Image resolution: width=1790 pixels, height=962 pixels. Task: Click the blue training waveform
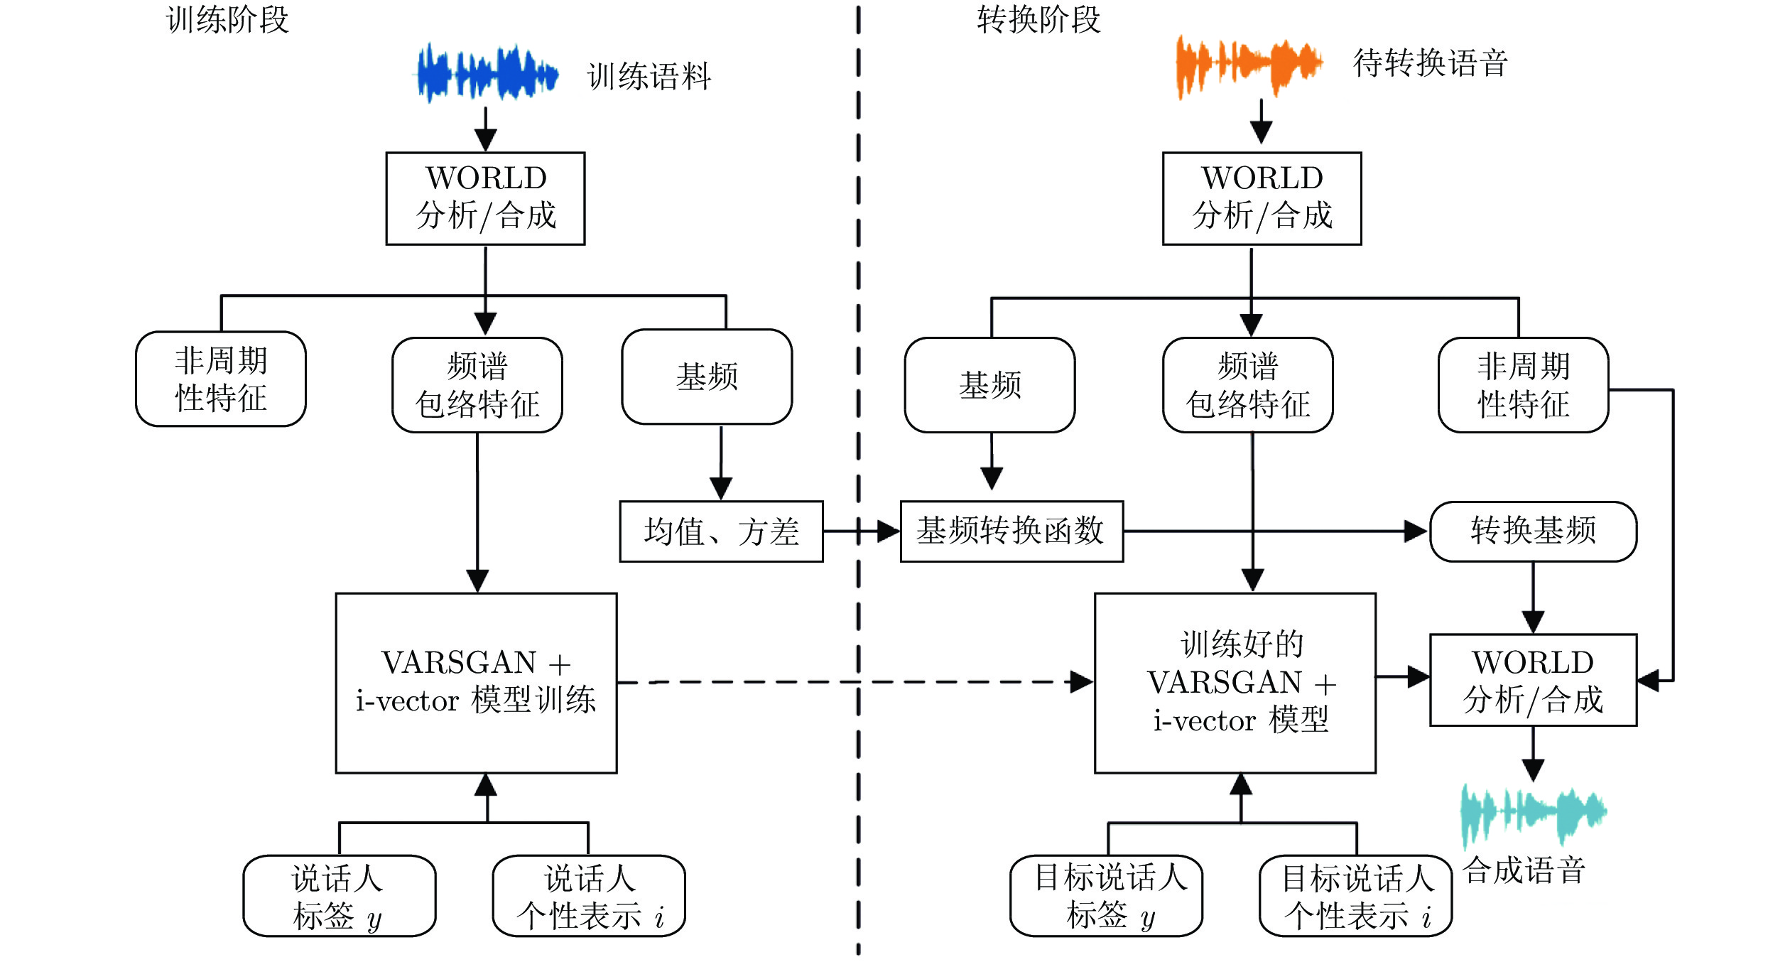[487, 72]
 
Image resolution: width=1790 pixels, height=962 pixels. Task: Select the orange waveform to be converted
[1248, 65]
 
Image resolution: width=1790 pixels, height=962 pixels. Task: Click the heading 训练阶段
[227, 20]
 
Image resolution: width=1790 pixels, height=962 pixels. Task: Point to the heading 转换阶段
[1038, 20]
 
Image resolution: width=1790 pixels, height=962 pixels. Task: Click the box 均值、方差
[721, 531]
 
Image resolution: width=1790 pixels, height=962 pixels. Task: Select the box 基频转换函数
[1011, 531]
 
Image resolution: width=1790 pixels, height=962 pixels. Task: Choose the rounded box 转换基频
[1533, 531]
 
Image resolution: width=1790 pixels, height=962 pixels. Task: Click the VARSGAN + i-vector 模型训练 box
[476, 683]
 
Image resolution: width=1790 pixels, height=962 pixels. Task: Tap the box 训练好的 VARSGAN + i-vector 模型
[1235, 683]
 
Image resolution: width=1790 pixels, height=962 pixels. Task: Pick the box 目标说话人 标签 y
[1106, 896]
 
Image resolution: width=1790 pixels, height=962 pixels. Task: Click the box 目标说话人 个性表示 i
[1355, 896]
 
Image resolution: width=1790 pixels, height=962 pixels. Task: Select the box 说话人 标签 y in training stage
[339, 896]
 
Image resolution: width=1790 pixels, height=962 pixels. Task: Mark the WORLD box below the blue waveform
[485, 198]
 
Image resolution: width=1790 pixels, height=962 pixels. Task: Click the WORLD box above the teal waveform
[1533, 680]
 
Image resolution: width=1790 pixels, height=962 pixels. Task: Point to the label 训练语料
[649, 77]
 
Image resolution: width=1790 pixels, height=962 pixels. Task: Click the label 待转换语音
[1430, 63]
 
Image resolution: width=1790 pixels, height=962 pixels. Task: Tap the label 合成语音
[1524, 870]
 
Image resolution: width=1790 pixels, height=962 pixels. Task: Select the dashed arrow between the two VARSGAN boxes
[852, 682]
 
